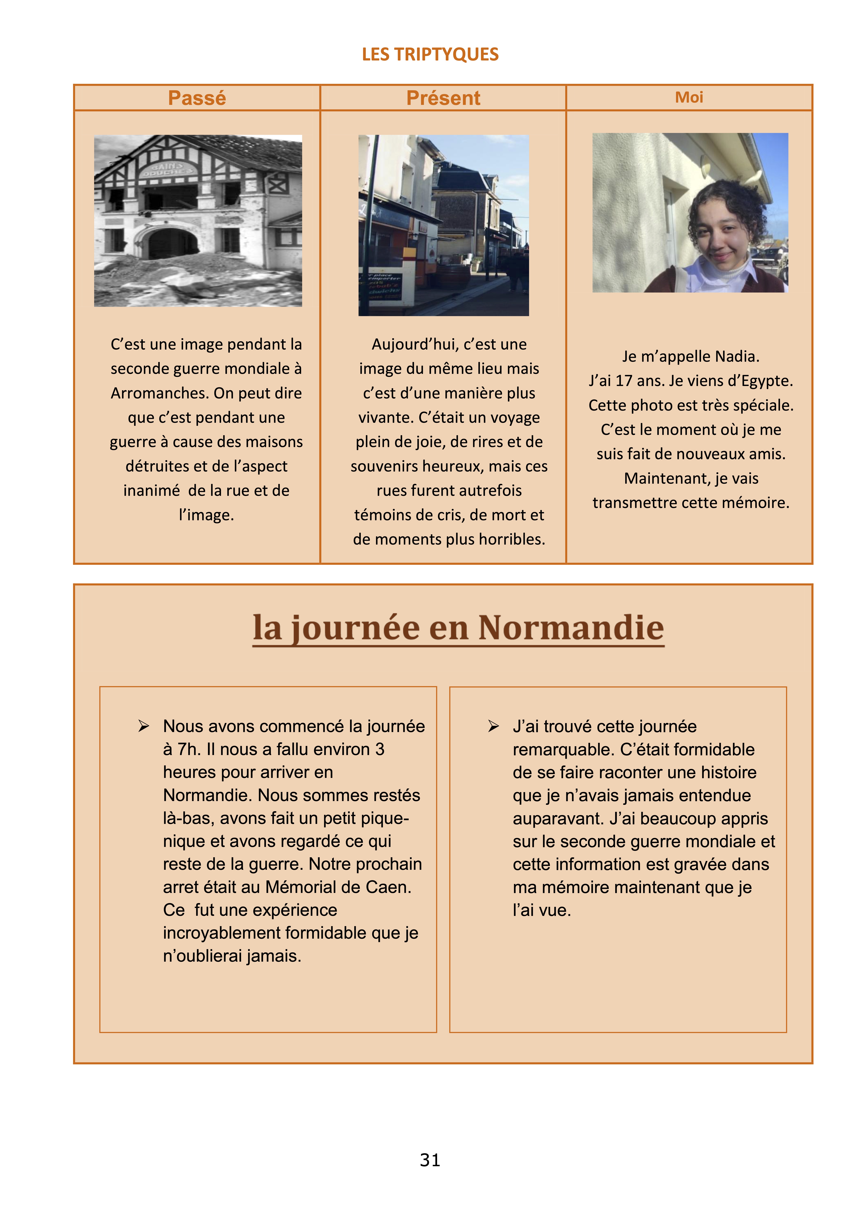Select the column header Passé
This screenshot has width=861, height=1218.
click(x=197, y=98)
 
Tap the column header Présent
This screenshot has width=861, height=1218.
click(x=443, y=98)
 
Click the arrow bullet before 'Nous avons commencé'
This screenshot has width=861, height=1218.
click(x=143, y=726)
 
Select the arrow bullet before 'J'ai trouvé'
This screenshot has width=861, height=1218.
click(x=493, y=726)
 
